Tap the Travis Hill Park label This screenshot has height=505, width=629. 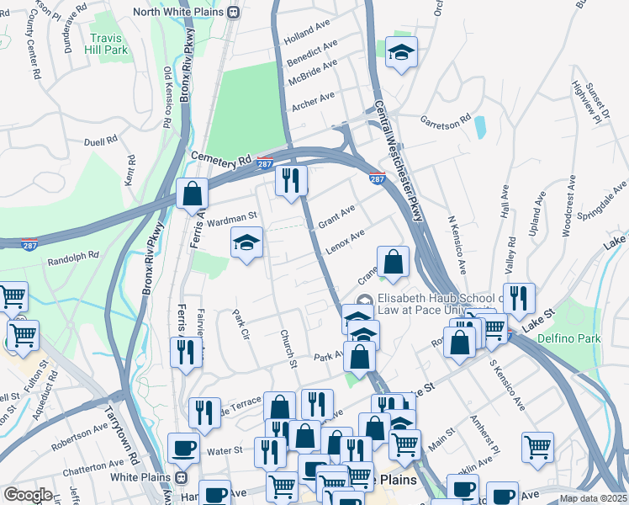click(105, 44)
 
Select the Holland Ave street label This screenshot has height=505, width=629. click(309, 36)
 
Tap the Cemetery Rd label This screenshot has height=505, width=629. click(221, 158)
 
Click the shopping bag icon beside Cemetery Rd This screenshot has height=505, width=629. click(193, 194)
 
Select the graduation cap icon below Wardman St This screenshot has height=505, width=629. click(246, 244)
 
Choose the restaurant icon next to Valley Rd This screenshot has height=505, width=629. click(519, 297)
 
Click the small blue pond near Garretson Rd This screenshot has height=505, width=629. click(479, 127)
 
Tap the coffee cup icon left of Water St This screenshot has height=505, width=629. click(183, 447)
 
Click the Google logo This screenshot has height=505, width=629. click(29, 494)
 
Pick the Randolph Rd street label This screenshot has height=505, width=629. click(78, 252)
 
